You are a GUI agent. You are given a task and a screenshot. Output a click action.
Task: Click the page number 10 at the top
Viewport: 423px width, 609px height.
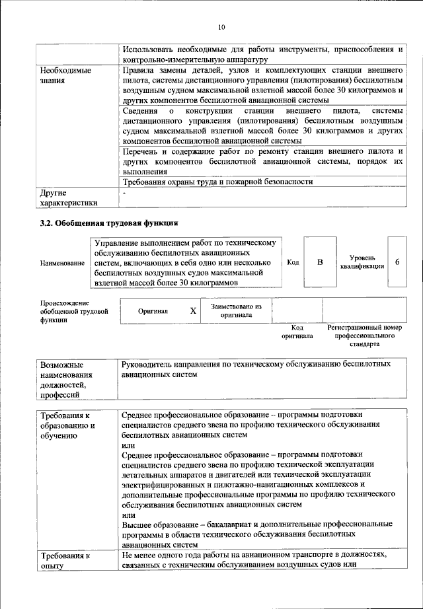(x=221, y=27)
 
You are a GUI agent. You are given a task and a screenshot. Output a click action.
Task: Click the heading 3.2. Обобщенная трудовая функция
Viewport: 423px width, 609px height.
(x=109, y=223)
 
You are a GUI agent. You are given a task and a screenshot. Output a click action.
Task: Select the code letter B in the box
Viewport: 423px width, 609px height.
(x=321, y=262)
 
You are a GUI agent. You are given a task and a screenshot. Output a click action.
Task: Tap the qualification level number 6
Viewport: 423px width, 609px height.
(x=397, y=262)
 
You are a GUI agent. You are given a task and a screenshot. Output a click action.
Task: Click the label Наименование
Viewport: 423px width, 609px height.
(x=62, y=264)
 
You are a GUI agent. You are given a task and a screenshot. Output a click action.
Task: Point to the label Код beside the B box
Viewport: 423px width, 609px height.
(x=293, y=262)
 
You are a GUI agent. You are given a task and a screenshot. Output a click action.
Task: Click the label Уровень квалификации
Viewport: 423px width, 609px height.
(x=362, y=262)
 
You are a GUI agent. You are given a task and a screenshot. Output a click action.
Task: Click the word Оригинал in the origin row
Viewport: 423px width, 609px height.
(x=153, y=311)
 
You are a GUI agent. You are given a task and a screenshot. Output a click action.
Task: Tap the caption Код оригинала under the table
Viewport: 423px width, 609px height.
(x=297, y=332)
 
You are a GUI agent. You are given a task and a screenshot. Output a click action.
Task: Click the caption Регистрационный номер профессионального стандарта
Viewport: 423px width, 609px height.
(x=365, y=336)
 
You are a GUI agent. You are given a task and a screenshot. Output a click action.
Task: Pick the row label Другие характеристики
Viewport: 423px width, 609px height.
(x=68, y=198)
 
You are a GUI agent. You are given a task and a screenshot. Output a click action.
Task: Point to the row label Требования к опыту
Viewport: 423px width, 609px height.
(x=65, y=560)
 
